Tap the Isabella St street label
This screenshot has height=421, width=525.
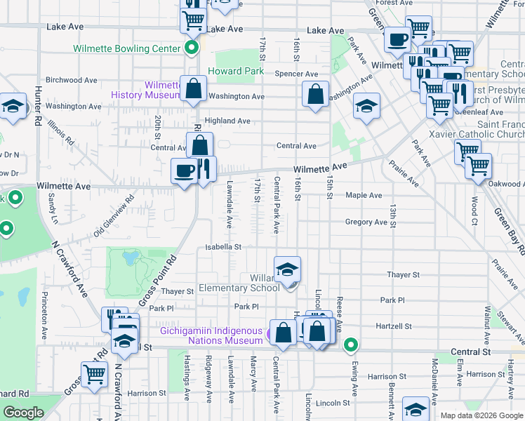pos(222,247)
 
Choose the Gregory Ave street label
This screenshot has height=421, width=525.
pos(366,222)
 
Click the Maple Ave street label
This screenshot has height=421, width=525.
pos(363,195)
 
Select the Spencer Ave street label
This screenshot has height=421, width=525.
pos(297,74)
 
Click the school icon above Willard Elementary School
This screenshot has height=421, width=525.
pos(287,269)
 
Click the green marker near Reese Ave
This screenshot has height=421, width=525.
pos(351,345)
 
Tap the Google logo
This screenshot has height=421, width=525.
pos(23,413)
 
